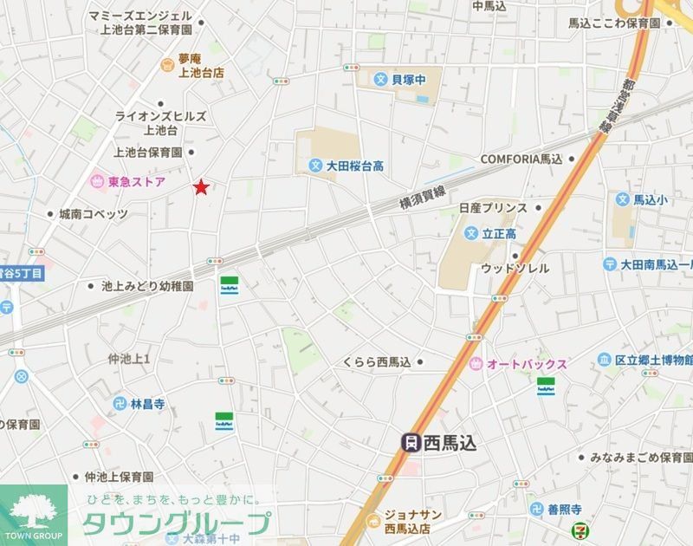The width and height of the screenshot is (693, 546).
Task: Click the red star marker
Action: tap(201, 186)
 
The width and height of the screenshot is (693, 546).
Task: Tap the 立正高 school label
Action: tap(499, 233)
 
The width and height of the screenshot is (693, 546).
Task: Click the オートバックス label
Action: tap(528, 364)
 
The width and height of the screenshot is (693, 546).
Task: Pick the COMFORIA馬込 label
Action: tap(521, 159)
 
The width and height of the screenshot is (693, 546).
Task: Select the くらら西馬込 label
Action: tap(376, 361)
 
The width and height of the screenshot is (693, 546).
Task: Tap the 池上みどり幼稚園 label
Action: tap(147, 285)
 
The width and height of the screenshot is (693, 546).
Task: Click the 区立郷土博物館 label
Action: tap(654, 359)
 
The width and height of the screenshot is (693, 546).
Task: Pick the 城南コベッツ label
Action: tap(93, 214)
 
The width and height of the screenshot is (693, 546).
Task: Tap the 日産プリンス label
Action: tap(493, 208)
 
